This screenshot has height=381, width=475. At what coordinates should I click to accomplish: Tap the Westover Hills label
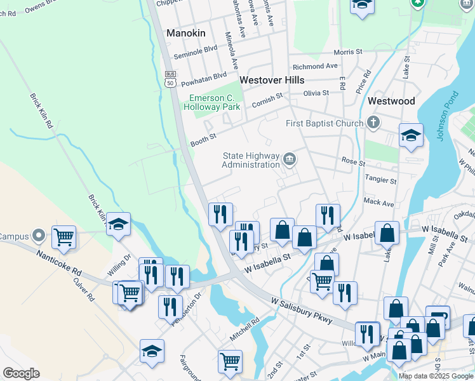point(272,81)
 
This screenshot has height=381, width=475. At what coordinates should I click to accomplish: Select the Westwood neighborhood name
point(391,101)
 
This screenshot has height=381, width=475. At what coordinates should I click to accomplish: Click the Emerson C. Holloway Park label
point(211,102)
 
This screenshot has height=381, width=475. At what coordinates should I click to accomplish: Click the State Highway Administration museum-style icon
point(290,159)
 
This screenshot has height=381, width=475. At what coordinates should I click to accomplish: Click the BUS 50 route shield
point(170,78)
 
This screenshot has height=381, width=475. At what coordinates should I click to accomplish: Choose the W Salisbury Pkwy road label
point(302,311)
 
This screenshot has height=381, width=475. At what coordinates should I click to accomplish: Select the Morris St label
point(347,52)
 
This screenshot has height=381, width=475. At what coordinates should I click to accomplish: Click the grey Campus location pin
point(39,236)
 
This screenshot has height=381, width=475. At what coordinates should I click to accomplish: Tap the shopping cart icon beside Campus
point(64,237)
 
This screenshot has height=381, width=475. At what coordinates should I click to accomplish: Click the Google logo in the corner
point(22,373)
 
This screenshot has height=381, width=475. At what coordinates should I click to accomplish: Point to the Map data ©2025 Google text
point(436,376)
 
